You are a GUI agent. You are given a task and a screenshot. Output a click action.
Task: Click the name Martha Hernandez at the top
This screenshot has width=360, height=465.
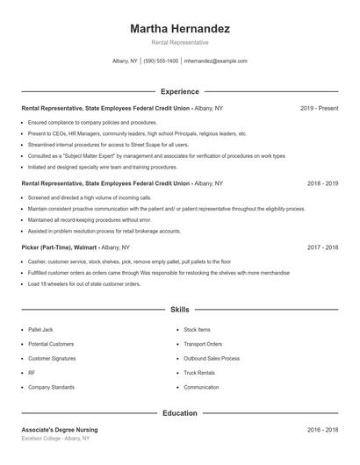(180, 29)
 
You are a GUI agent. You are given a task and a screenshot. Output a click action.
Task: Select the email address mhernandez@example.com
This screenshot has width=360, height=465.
(215, 61)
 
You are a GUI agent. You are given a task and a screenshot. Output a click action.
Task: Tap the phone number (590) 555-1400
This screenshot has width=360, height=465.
(161, 61)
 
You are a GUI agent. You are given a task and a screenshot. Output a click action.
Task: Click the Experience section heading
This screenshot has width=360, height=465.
(180, 91)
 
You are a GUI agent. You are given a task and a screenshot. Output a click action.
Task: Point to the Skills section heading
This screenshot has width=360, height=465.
(180, 310)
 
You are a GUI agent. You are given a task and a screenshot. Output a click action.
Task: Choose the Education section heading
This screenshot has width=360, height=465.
(180, 412)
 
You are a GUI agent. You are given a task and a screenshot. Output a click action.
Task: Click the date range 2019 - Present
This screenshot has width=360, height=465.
(319, 108)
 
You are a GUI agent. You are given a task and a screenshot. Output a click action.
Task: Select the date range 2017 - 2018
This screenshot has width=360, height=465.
(322, 248)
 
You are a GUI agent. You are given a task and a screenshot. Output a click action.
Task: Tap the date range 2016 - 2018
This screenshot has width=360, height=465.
(322, 430)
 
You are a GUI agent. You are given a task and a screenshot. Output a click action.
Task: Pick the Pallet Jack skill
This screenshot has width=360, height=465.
(41, 329)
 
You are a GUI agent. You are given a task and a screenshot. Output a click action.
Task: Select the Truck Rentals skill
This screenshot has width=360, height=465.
(200, 372)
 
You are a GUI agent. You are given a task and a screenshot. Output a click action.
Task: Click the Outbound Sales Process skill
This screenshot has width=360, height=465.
(211, 358)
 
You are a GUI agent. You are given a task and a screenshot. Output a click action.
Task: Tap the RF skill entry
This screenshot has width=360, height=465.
(32, 372)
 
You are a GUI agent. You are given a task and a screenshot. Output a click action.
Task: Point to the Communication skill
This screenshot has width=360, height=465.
(201, 387)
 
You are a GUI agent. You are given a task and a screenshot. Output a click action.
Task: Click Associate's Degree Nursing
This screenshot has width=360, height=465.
(60, 430)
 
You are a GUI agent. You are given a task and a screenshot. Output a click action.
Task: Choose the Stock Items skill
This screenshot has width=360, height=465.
(197, 329)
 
